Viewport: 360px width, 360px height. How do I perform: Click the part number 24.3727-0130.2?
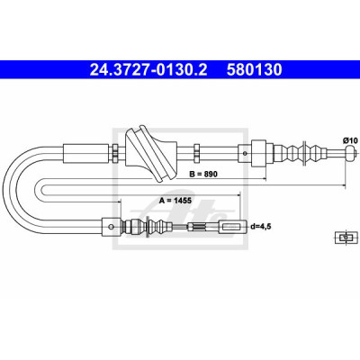[x=148, y=70]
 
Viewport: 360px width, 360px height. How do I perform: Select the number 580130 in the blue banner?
[x=255, y=70]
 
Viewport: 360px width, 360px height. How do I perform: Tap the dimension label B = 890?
[x=203, y=174]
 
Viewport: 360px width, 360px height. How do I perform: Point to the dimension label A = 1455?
[x=175, y=200]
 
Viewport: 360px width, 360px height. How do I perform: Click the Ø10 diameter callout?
[x=350, y=139]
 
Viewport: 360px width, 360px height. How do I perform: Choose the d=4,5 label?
[x=260, y=227]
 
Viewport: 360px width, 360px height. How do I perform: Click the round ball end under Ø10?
[x=350, y=153]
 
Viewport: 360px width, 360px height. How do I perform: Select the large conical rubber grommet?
[x=150, y=154]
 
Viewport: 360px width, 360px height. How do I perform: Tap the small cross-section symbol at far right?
[x=346, y=237]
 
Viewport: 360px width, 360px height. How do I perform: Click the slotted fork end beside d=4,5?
[x=233, y=226]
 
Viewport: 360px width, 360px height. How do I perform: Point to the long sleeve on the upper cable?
[x=85, y=154]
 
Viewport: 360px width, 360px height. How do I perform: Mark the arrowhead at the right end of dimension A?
[x=239, y=194]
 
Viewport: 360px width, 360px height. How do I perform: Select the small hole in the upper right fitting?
[x=245, y=154]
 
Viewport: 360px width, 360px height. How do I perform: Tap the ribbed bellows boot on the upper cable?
[x=301, y=154]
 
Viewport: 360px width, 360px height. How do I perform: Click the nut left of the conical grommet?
[x=114, y=154]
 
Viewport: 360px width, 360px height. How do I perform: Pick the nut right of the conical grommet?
[x=197, y=154]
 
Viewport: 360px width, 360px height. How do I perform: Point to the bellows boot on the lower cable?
[x=148, y=226]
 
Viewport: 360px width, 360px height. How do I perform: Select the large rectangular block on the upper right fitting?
[x=258, y=154]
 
